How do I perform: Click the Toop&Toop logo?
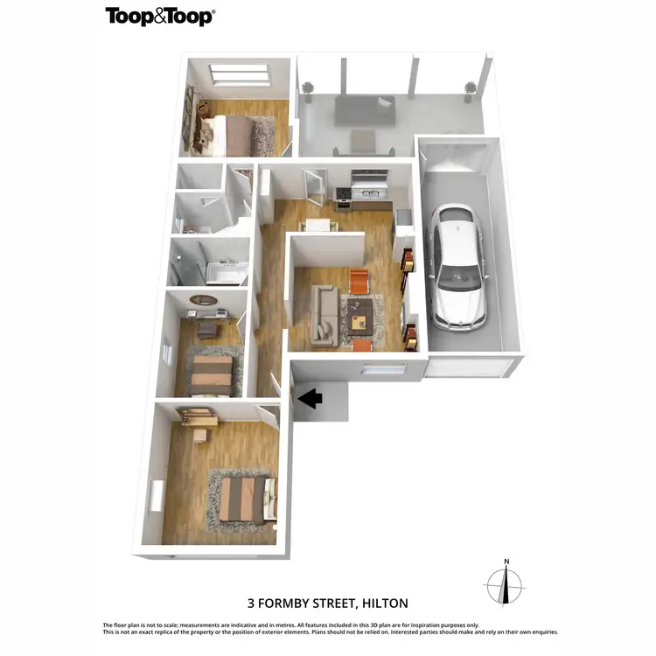click(x=160, y=16)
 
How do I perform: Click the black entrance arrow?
click(x=311, y=399)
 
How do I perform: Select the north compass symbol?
click(x=506, y=582)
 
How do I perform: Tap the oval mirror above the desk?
click(x=204, y=299)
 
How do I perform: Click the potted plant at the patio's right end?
click(x=471, y=89)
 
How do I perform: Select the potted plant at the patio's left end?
click(x=307, y=89)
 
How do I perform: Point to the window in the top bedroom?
click(x=238, y=75)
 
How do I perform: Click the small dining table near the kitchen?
click(x=319, y=226)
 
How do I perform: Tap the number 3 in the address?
click(x=251, y=603)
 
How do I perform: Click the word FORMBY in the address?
click(x=283, y=603)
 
